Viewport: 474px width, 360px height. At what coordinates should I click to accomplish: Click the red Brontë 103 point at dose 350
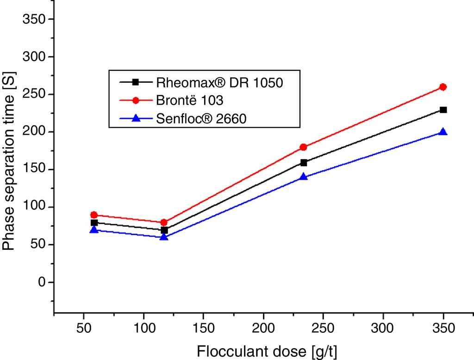coord(443,87)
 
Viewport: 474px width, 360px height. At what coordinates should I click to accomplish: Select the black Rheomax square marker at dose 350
coord(443,110)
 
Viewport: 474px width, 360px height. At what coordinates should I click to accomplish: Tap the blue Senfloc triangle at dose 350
coord(443,132)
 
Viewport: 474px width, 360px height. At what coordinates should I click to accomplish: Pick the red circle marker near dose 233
coord(304,147)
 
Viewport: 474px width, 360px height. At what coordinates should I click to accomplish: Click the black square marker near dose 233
coord(304,162)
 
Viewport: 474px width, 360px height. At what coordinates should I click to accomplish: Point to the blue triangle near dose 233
coord(304,176)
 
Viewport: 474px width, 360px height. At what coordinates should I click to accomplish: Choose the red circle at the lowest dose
coord(94,215)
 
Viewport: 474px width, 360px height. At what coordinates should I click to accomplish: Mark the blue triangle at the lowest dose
coord(94,230)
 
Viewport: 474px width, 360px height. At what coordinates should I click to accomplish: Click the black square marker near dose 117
coord(164,230)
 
